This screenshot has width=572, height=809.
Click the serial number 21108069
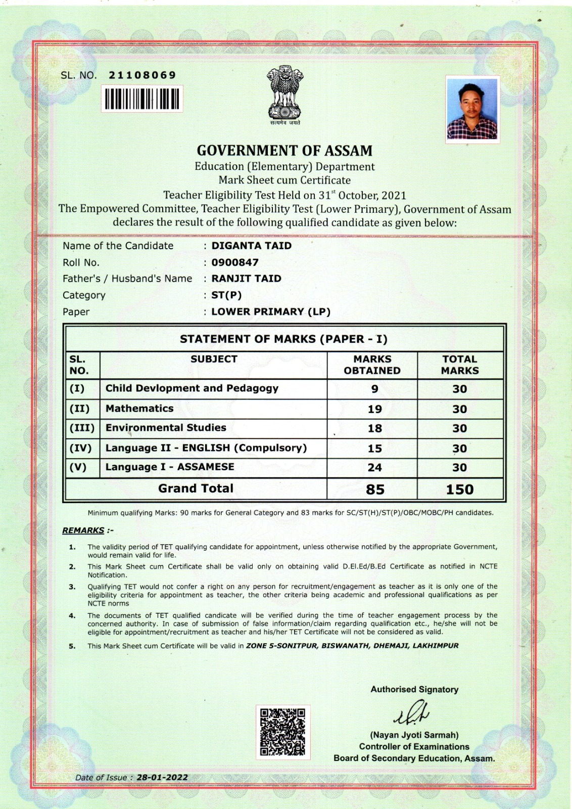(142, 75)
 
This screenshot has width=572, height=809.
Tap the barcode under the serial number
(142, 99)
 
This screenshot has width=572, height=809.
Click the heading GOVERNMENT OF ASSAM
(284, 151)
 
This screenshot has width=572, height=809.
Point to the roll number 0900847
(235, 262)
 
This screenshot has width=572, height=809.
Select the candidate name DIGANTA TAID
(251, 246)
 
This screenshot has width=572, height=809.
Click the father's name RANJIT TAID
(246, 279)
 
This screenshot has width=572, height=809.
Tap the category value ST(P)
(226, 295)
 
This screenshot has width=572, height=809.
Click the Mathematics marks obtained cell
(374, 409)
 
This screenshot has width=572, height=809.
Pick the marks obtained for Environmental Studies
(374, 428)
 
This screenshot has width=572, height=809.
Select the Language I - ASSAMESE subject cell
(170, 467)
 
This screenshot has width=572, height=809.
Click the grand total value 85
(375, 489)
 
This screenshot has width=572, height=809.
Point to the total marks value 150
(459, 489)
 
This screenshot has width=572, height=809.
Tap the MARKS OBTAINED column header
(372, 365)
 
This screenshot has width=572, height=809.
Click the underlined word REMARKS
(83, 530)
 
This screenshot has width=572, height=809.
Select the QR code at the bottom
(282, 732)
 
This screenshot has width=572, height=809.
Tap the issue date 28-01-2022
(162, 777)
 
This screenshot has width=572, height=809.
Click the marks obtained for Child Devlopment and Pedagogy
(374, 389)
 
